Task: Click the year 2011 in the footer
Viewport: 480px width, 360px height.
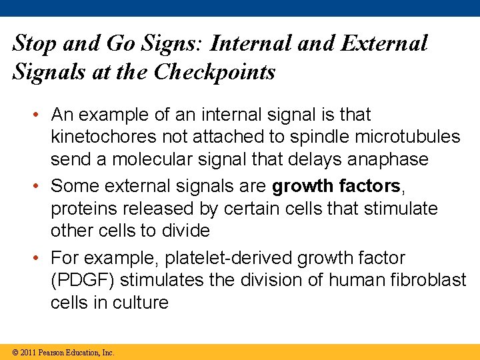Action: pyautogui.click(x=28, y=352)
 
